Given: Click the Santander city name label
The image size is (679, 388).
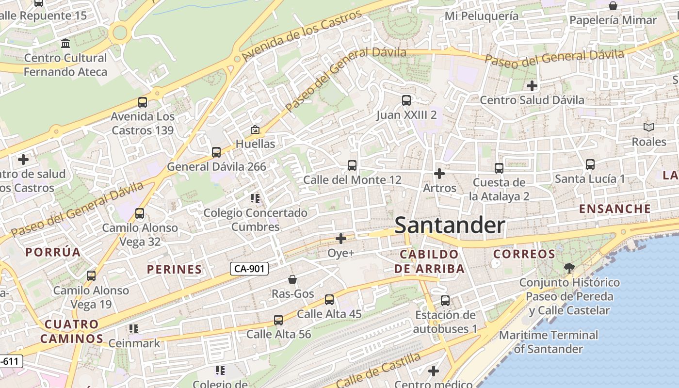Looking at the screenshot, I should (450, 226).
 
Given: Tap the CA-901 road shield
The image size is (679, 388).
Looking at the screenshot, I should (249, 269).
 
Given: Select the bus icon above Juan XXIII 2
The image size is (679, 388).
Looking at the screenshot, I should (406, 100).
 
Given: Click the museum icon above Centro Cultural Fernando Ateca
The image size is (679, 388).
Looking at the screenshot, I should (65, 44).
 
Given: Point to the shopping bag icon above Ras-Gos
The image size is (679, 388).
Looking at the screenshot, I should (292, 279).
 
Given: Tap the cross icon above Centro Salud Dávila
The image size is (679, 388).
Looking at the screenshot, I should (532, 86).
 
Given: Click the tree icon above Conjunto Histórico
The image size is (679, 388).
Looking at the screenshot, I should (569, 268).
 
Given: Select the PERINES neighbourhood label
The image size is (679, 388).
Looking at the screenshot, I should (174, 270).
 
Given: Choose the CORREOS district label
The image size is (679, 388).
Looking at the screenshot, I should (524, 254).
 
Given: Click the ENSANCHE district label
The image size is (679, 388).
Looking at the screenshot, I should (615, 209).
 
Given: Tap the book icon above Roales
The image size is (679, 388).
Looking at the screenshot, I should (649, 127).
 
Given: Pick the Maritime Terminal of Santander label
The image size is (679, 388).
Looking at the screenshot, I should (549, 342).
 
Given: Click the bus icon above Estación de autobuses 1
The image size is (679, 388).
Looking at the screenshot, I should (445, 301).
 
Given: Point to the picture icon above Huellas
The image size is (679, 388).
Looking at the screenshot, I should (255, 129).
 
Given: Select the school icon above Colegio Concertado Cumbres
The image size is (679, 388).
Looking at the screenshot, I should (255, 198).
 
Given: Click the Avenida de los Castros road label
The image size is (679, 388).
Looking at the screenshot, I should (301, 36).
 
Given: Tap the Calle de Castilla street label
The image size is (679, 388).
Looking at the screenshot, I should (378, 371).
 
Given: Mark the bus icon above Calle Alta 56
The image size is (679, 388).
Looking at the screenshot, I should (278, 320).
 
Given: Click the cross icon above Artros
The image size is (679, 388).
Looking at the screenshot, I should (439, 173).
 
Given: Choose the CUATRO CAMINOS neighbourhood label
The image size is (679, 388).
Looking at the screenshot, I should (72, 331).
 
